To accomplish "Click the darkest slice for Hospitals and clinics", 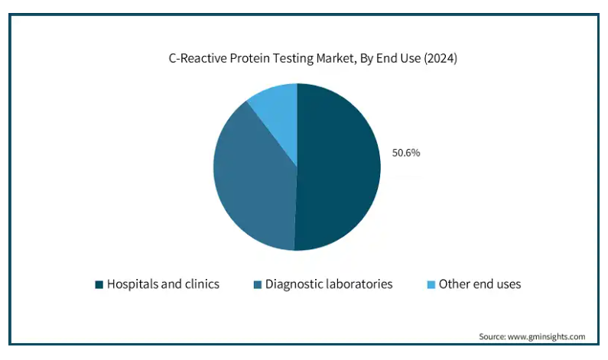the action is [x=337, y=167].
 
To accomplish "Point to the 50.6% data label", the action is [x=406, y=153].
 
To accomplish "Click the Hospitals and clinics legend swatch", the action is [x=99, y=285].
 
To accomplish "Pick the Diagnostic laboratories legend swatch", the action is [x=258, y=285].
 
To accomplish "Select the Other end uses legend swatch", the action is [x=431, y=285].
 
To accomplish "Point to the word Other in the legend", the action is [x=454, y=284].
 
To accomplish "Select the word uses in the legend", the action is [x=509, y=285].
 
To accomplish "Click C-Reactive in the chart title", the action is [x=198, y=58].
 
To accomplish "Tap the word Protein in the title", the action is [x=251, y=58].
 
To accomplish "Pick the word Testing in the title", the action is [x=294, y=59].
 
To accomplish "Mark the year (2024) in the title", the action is [x=441, y=59].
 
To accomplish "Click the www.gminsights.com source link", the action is [x=546, y=337].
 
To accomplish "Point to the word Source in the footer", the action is [x=492, y=336].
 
